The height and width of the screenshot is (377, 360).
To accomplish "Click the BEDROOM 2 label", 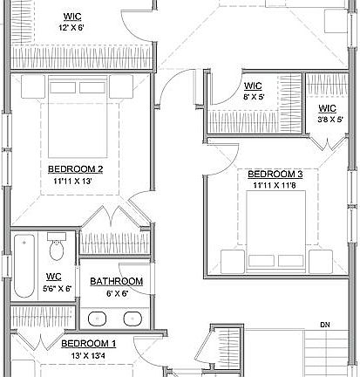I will pyautogui.click(x=76, y=168).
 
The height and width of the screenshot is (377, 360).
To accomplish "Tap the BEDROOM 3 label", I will pyautogui.click(x=275, y=174).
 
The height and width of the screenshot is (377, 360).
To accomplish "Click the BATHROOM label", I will pyautogui.click(x=117, y=281).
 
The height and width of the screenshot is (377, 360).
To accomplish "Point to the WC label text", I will pyautogui.click(x=53, y=277).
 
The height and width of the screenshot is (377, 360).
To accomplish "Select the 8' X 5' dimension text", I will pyautogui.click(x=254, y=98).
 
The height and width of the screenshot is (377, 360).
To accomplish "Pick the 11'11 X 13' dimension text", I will pyautogui.click(x=76, y=182).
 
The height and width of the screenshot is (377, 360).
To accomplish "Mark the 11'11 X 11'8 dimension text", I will pyautogui.click(x=275, y=186).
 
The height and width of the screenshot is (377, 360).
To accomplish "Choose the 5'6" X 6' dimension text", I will pyautogui.click(x=53, y=289).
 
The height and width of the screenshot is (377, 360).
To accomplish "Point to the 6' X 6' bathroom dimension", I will pyautogui.click(x=117, y=294).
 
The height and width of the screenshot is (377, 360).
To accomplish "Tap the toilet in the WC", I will pyautogui.click(x=58, y=250).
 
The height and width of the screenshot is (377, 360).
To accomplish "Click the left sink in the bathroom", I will pyautogui.click(x=95, y=319).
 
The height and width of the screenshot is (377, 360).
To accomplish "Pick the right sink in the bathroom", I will pyautogui.click(x=130, y=319).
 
